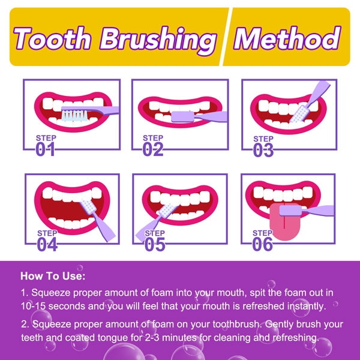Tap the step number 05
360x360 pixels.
click(x=155, y=244)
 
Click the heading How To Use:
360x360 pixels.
click(x=53, y=277)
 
